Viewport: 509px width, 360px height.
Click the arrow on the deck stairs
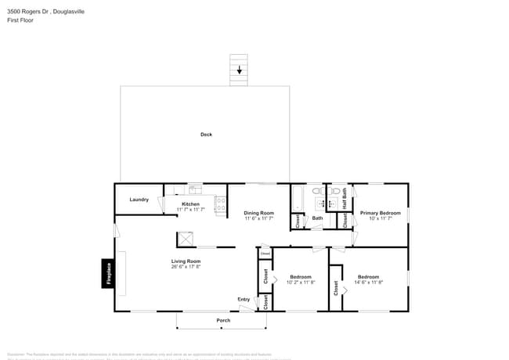(x=240, y=70)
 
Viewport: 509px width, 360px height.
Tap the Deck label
(x=206, y=135)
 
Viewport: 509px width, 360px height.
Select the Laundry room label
(x=139, y=200)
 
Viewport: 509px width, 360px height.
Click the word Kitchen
(x=190, y=204)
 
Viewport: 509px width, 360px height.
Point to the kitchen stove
(x=220, y=205)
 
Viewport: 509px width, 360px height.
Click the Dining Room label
(x=258, y=213)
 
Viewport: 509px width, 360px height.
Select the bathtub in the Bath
(x=298, y=199)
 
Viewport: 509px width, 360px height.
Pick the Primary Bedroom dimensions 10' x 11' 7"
(x=380, y=218)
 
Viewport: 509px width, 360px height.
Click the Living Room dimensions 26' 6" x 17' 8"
(x=186, y=267)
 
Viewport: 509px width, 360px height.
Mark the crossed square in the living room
(x=186, y=240)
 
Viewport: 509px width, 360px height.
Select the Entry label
(x=244, y=300)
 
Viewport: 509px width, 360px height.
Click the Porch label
(x=223, y=321)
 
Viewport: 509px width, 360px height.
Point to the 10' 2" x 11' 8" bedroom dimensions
(x=301, y=283)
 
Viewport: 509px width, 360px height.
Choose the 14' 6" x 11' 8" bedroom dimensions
(x=369, y=283)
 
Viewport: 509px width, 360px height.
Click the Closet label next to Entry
(x=265, y=302)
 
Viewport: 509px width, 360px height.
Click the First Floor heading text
(x=20, y=20)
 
